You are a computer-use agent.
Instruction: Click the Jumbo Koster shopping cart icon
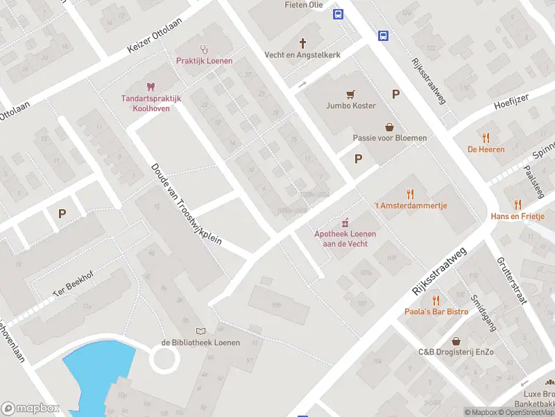click(351, 95)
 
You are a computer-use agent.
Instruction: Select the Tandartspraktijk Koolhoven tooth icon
click(151, 87)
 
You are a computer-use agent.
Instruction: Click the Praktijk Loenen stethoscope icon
click(204, 49)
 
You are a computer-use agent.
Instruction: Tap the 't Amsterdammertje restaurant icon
click(410, 194)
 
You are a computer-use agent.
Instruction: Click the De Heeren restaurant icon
click(486, 138)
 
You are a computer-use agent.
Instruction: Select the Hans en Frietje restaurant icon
click(518, 204)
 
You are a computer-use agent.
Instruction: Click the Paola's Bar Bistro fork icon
click(436, 300)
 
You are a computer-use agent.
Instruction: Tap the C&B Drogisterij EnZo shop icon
click(456, 341)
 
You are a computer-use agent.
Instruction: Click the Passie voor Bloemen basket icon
click(390, 126)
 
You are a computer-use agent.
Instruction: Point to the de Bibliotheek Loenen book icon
click(200, 331)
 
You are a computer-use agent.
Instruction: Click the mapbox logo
click(31, 409)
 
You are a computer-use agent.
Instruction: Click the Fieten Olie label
click(304, 4)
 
